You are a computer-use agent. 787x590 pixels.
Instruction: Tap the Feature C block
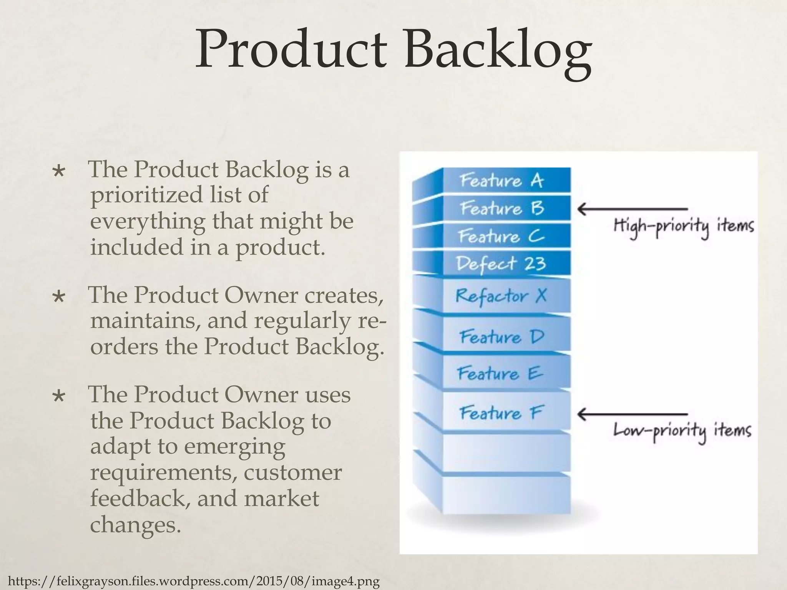[x=502, y=236]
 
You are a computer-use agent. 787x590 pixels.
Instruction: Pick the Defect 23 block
[x=502, y=264]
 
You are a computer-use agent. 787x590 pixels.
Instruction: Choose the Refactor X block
[x=502, y=296]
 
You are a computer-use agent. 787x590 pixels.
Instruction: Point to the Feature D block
[x=502, y=337]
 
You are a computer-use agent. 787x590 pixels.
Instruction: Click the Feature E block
[x=501, y=373]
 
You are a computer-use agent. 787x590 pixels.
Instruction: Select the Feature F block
[x=501, y=413]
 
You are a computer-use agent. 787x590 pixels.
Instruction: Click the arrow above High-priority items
[x=632, y=209]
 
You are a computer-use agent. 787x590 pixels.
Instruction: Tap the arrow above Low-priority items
[x=632, y=414]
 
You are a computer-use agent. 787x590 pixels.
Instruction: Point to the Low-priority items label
[x=682, y=431]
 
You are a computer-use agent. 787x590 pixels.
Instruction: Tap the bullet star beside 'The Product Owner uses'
[x=59, y=396]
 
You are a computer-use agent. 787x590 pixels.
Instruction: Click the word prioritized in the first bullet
[x=146, y=195]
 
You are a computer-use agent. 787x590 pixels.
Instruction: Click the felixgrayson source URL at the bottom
[x=194, y=582]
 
